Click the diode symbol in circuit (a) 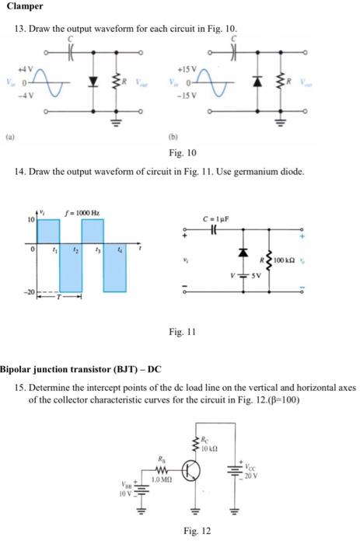(93, 80)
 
